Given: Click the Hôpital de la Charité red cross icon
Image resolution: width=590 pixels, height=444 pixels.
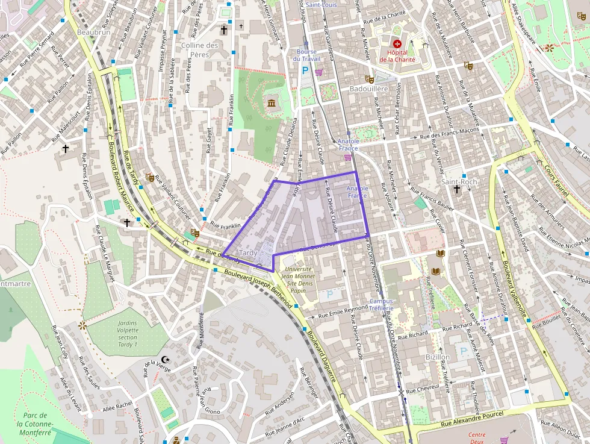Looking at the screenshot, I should click(397, 43).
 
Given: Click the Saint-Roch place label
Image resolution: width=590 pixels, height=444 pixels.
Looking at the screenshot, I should click(459, 181).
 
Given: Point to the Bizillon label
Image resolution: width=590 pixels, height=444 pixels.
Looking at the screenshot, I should click(437, 357).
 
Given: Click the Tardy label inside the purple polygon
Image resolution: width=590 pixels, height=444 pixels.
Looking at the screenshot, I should click(249, 252).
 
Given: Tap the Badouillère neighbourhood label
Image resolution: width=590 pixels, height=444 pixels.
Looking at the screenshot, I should click(369, 89).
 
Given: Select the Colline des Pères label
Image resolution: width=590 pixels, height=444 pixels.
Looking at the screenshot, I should click(199, 49).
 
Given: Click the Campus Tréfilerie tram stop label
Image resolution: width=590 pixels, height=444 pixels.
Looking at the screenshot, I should click(381, 305).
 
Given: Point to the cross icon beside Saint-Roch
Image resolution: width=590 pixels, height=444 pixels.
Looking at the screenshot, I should click(457, 190).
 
